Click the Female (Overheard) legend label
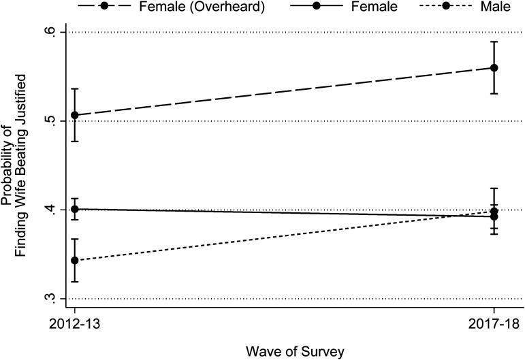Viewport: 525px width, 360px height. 202,6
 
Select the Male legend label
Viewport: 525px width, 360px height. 496,6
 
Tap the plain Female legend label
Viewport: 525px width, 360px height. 375,6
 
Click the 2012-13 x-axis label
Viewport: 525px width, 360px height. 75,324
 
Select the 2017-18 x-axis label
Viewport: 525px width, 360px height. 494,324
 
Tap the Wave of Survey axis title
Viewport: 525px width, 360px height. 295,352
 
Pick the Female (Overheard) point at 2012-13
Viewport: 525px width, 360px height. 75,115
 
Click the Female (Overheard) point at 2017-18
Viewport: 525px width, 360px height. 494,68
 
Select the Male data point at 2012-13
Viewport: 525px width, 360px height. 75,260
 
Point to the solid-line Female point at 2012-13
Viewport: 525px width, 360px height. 75,209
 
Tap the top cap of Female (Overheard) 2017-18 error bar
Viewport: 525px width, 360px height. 494,42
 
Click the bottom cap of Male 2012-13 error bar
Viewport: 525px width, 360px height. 75,282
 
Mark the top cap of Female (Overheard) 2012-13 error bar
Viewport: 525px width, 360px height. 75,88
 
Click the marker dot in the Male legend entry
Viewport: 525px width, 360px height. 445,6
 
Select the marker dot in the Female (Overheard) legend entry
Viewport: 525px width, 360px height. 104,6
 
